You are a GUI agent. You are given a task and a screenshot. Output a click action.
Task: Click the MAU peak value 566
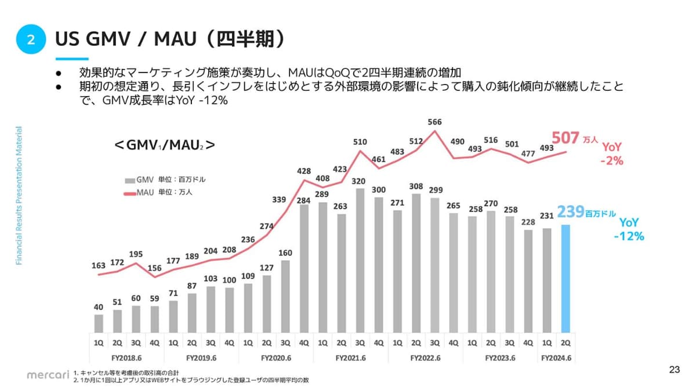point(434,122)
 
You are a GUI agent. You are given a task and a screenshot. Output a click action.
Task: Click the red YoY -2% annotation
point(611,155)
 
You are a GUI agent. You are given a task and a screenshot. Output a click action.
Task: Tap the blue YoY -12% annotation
point(629,229)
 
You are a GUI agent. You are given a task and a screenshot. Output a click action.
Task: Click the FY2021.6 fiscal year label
point(350,358)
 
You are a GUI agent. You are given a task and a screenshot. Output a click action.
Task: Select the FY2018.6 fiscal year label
point(126,358)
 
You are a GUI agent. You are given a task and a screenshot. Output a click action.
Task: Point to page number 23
point(674,370)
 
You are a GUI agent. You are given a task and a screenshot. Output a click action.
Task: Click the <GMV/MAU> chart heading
point(165,145)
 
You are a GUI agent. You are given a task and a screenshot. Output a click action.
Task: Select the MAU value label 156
point(154,268)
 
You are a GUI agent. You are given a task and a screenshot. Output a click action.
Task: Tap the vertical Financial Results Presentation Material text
point(19,196)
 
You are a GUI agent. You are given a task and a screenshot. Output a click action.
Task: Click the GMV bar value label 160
point(285,253)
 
